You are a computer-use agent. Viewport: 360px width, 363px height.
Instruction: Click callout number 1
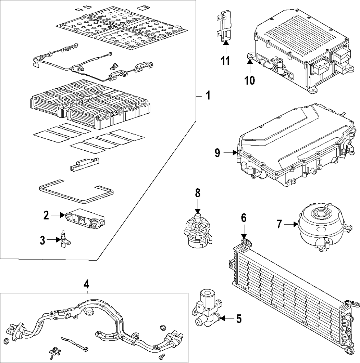[207, 96]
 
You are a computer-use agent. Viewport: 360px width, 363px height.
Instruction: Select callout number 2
[46, 216]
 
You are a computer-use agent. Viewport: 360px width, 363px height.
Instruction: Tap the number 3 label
[42, 240]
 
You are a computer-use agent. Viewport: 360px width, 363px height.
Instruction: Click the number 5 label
[238, 319]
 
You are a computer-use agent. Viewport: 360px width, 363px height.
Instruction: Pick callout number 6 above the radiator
[244, 218]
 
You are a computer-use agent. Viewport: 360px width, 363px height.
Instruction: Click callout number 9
[217, 153]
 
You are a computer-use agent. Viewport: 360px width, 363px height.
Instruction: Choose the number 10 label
[249, 80]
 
